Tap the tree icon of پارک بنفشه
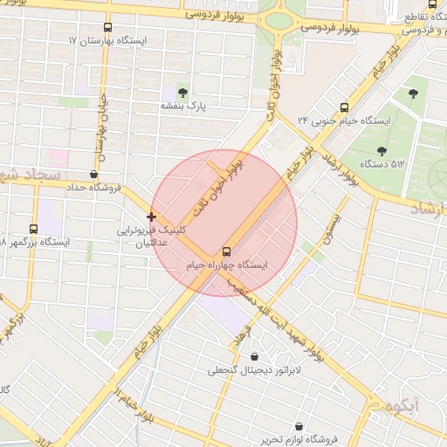point(182,92)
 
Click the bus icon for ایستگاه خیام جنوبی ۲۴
point(343,103)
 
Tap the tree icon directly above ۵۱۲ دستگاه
point(382,148)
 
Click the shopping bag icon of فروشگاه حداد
point(93,173)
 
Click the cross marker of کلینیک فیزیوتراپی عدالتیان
point(152,216)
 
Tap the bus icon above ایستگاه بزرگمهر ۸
point(34,228)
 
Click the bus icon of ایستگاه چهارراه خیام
point(228,249)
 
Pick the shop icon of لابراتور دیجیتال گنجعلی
point(254,356)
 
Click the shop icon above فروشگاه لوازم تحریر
point(301,426)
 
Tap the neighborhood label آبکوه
point(399,406)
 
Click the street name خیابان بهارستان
point(101,131)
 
